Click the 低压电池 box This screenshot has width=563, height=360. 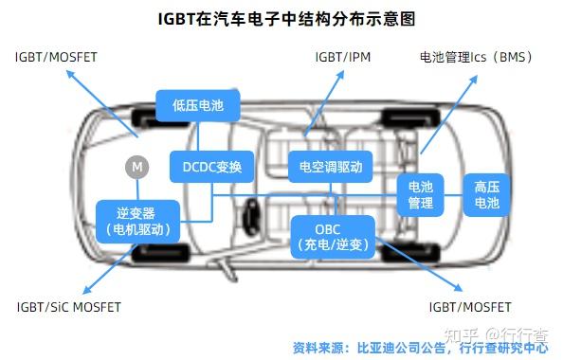coord(198,106)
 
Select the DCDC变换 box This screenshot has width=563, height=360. coord(211,168)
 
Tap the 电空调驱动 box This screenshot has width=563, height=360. coord(330,168)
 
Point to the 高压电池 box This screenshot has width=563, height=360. coord(486,194)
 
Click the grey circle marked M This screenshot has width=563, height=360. coord(137,168)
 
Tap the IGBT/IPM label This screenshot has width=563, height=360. coord(342,58)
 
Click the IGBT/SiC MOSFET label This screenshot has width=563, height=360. coord(69,307)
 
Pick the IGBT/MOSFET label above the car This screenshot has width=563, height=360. coord(56,58)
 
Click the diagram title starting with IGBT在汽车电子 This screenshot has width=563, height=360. coord(281,18)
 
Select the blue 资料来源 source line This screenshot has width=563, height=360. coord(420,347)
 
